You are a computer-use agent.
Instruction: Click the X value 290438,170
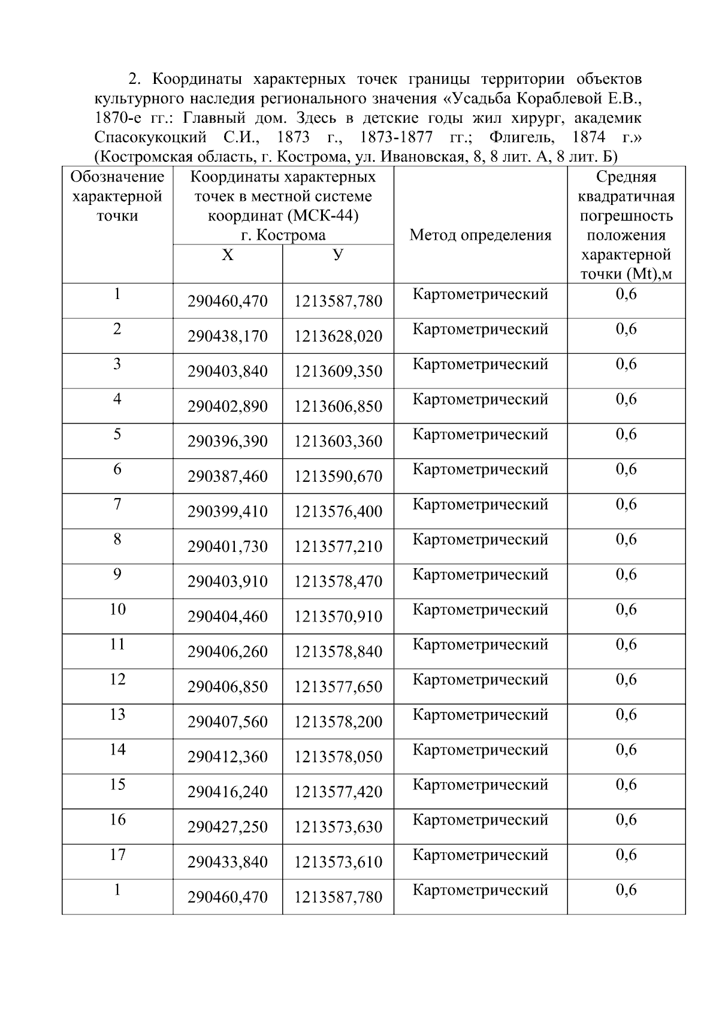(227, 336)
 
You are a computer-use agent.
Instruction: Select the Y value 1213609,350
(338, 372)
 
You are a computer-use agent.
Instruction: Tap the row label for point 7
(117, 504)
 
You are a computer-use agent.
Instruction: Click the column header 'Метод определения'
(480, 236)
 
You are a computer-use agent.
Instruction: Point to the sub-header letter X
(228, 255)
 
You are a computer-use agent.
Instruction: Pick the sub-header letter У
(338, 255)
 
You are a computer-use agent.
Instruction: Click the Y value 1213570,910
(338, 617)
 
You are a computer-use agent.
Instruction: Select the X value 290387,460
(227, 476)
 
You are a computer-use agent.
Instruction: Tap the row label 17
(117, 855)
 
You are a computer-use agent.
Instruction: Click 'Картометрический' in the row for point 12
(480, 680)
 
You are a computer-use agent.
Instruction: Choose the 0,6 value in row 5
(626, 434)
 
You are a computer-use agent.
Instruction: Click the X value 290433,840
(227, 862)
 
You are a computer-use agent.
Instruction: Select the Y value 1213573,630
(338, 827)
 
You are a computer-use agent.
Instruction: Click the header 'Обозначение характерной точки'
(117, 197)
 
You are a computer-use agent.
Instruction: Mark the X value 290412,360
(227, 757)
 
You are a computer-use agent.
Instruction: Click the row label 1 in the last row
(117, 890)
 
